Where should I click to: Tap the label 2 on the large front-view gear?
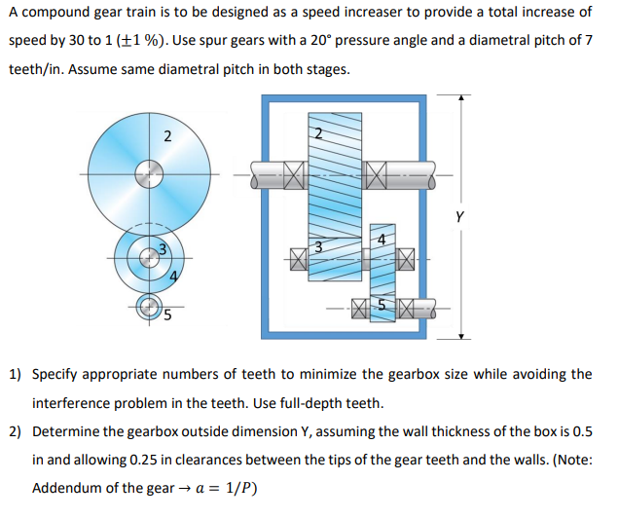(x=167, y=135)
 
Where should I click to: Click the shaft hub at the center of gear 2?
(x=149, y=176)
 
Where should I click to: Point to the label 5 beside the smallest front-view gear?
(x=167, y=315)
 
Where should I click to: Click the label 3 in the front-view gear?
(x=164, y=250)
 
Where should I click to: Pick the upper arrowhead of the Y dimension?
(x=463, y=98)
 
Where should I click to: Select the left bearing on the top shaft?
(x=294, y=176)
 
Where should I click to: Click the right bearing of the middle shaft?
(x=406, y=257)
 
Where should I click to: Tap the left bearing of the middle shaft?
(x=296, y=257)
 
